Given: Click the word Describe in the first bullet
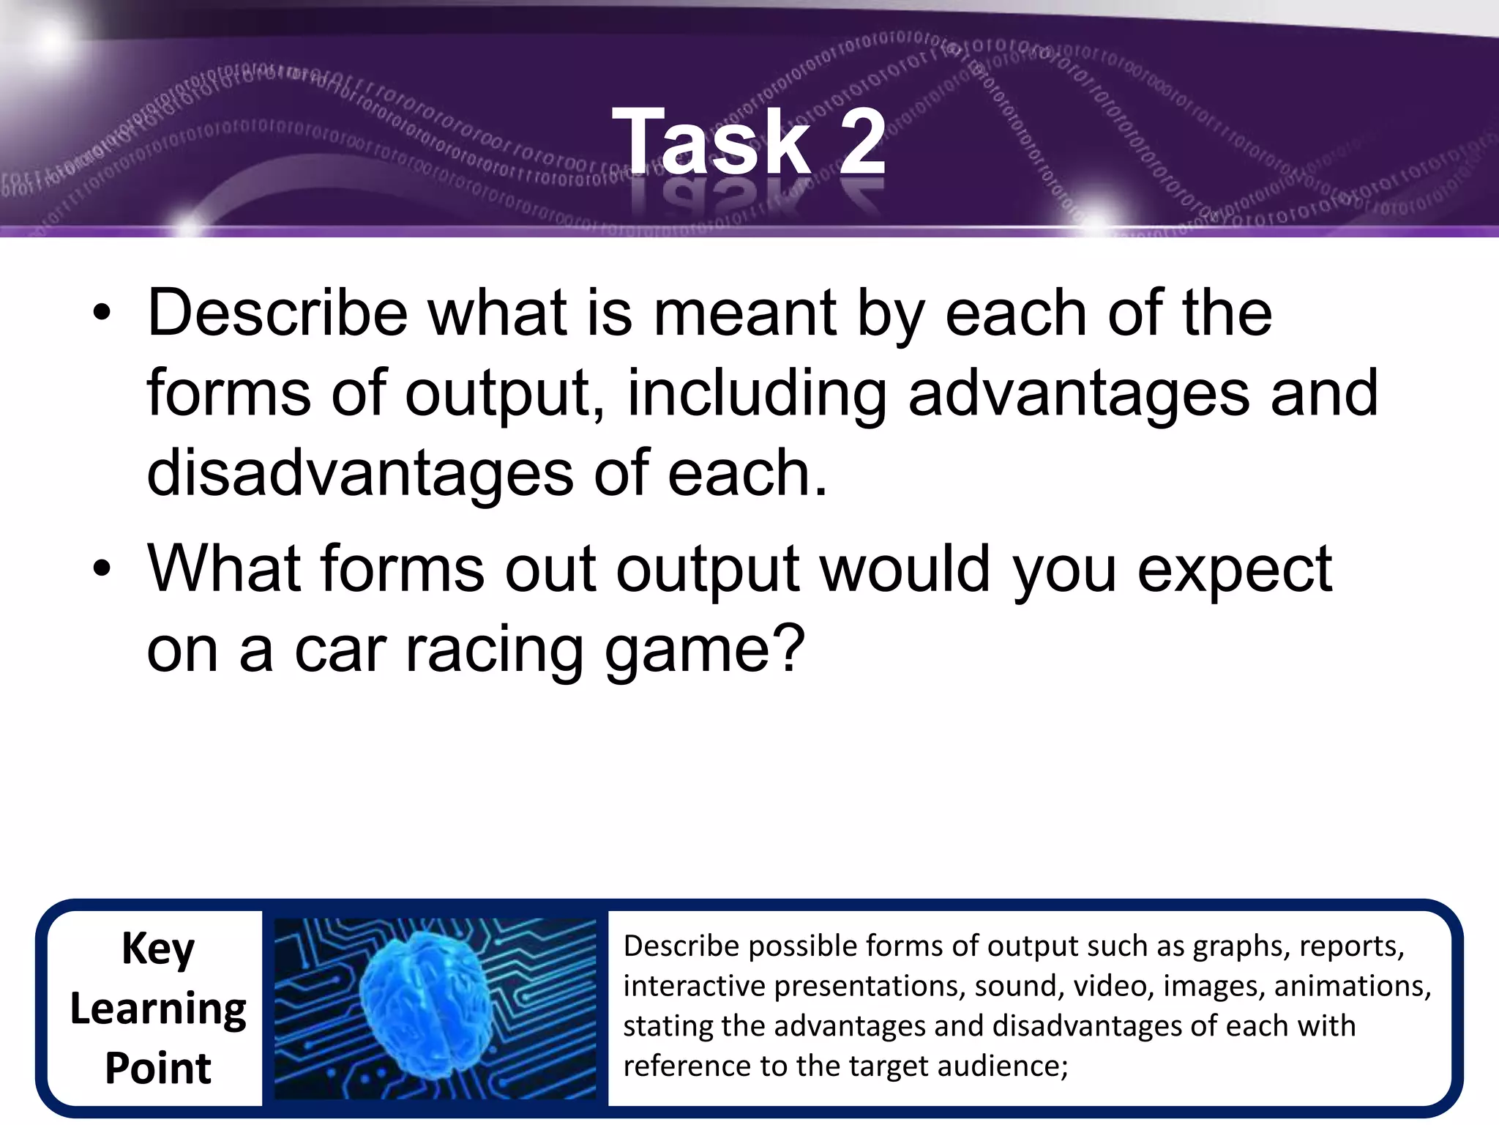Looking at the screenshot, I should [x=277, y=313].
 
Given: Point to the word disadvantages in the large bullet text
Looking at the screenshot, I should [x=359, y=474].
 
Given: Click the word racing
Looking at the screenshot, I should [x=495, y=650].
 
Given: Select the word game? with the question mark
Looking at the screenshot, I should [x=703, y=650].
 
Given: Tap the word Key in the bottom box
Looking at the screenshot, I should [x=158, y=949].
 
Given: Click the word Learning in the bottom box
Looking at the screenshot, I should [x=158, y=1009].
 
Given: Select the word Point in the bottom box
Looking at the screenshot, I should [x=158, y=1068].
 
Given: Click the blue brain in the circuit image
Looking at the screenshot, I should [x=425, y=1007].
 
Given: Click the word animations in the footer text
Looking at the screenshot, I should [x=1351, y=986].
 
